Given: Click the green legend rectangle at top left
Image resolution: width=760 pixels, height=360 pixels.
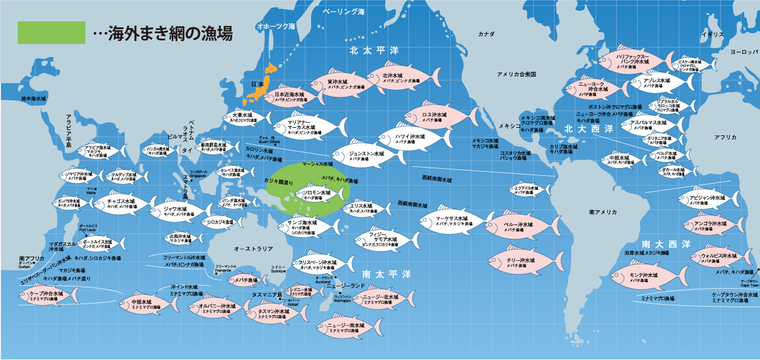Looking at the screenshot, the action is pyautogui.click(x=52, y=33).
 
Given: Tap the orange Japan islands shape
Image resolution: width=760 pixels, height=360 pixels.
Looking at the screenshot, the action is pyautogui.click(x=261, y=83).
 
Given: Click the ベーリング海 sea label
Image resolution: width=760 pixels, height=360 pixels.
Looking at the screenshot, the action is pyautogui.click(x=344, y=11).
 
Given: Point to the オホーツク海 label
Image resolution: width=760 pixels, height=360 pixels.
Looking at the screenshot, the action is pyautogui.click(x=275, y=27).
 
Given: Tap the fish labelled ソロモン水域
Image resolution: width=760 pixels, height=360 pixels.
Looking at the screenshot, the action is pyautogui.click(x=317, y=194).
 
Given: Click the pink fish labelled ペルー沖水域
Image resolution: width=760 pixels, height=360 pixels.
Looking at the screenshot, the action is pyautogui.click(x=520, y=226).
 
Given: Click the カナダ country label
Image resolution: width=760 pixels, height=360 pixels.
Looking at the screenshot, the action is pyautogui.click(x=486, y=34).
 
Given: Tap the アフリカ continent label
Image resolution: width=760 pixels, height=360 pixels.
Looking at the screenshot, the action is pyautogui.click(x=725, y=137).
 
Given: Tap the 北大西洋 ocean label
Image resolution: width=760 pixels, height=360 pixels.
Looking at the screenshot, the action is pyautogui.click(x=588, y=128).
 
